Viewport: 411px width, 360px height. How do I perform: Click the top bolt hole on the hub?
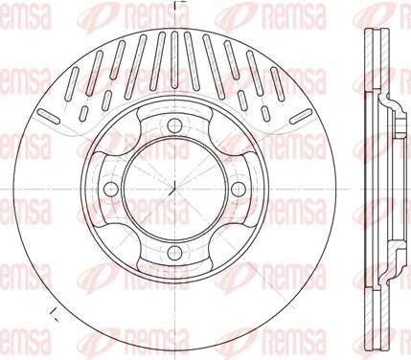tap(174, 125)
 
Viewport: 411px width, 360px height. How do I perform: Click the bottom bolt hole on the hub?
tap(174, 254)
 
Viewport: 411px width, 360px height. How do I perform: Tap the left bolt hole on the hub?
tap(111, 190)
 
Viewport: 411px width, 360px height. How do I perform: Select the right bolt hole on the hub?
tap(239, 190)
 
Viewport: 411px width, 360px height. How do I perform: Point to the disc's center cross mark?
tap(174, 190)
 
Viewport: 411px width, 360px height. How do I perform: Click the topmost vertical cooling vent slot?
tap(174, 59)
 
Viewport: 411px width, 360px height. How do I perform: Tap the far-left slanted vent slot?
tap(49, 116)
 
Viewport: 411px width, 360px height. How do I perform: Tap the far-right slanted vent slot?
tap(301, 116)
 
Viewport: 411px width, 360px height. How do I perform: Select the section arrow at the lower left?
tap(54, 315)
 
